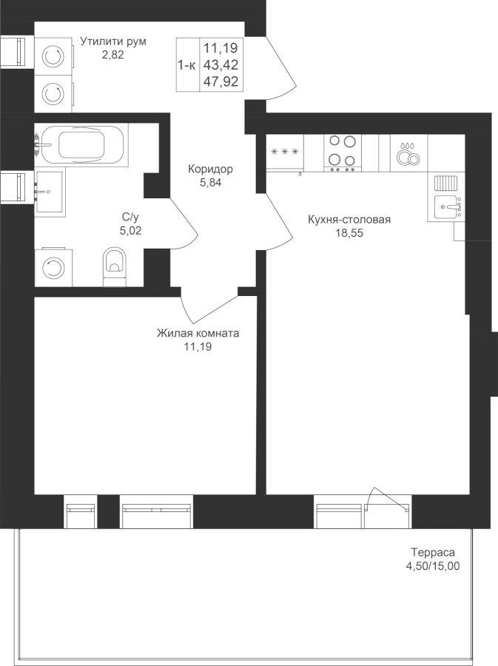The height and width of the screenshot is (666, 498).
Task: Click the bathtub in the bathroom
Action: tap(81, 145)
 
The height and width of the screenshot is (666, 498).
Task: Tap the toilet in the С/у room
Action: tap(115, 266)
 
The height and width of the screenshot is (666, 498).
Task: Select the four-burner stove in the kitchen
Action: tap(342, 153)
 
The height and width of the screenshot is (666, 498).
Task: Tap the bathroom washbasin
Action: tap(50, 192)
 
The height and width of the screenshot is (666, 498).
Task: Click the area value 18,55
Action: tap(349, 233)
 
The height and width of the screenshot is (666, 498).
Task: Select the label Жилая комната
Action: tap(198, 334)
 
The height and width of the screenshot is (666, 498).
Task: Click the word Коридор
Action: tap(211, 169)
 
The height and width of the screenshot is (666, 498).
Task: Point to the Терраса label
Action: tap(433, 553)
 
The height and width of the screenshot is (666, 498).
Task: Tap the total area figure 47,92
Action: tap(221, 81)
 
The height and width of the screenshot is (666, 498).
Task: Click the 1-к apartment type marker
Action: tap(186, 65)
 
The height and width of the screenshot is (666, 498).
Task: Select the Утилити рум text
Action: tap(113, 41)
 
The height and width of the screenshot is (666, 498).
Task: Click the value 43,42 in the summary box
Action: tap(221, 65)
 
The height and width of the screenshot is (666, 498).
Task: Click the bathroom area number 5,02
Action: tap(131, 231)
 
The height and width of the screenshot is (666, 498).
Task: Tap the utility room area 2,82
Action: tap(113, 54)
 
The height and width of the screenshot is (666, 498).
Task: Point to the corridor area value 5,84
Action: tap(211, 183)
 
